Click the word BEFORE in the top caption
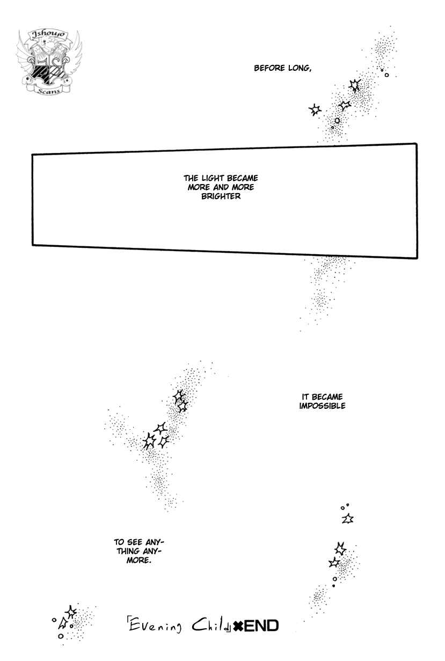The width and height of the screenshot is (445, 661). (x=270, y=68)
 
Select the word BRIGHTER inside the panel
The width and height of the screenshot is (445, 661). (x=221, y=196)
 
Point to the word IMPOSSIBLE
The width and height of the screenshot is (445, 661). (x=322, y=406)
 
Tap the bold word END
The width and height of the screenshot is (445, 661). (x=261, y=626)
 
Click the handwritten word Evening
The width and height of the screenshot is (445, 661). (x=155, y=625)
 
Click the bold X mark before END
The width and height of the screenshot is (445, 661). (x=238, y=626)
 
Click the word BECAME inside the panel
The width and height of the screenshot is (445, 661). (x=243, y=178)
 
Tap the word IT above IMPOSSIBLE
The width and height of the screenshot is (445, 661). (x=305, y=397)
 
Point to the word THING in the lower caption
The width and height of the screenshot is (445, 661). (x=129, y=551)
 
